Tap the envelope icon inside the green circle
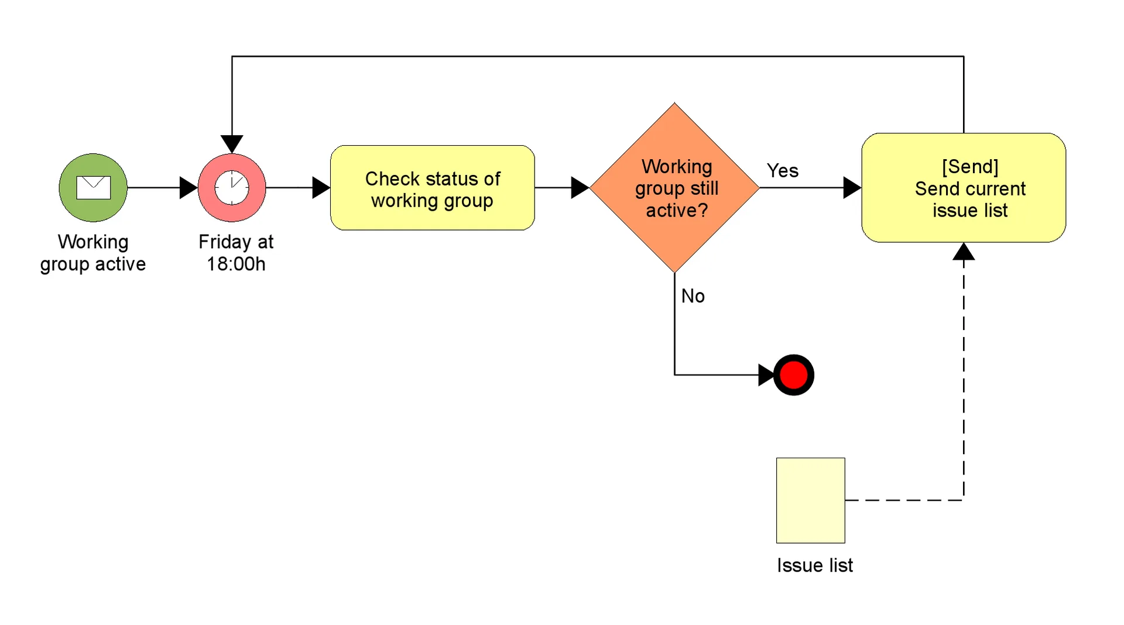93,187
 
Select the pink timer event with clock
232,187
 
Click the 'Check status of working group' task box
432,188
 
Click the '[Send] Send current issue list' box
964,188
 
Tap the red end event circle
793,375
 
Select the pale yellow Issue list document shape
810,500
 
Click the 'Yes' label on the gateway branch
782,171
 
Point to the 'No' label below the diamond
693,296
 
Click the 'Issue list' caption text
814,565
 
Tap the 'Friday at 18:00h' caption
235,253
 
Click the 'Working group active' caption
92,253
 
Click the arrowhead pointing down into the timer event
232,143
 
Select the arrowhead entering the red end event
766,375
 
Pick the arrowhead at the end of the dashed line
964,252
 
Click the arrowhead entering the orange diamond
580,188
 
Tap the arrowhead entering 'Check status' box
321,188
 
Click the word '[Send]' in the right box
970,167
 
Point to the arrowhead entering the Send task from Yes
852,188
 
